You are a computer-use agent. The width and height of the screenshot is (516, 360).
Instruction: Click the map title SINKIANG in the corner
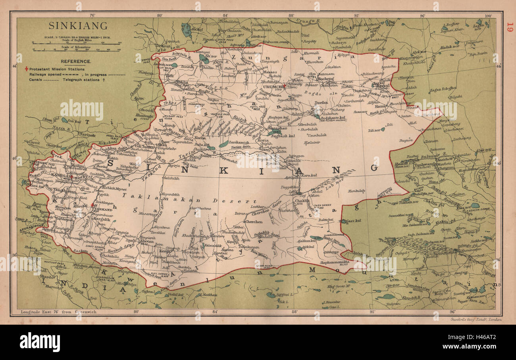(78, 26)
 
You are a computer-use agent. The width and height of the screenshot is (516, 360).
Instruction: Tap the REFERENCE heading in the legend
(76, 62)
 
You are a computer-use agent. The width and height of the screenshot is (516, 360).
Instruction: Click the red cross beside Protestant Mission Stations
(27, 68)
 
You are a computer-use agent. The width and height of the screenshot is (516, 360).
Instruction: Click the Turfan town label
(321, 102)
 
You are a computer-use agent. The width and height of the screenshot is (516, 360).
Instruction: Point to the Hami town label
(380, 106)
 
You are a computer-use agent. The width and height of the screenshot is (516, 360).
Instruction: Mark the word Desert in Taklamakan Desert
(235, 201)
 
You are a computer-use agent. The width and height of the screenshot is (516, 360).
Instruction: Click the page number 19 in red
(510, 28)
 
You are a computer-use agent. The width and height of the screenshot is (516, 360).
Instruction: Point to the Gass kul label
(350, 221)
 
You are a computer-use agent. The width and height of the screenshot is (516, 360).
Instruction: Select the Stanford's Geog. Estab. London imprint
(470, 319)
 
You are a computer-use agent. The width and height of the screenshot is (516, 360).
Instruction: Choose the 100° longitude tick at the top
(487, 16)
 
